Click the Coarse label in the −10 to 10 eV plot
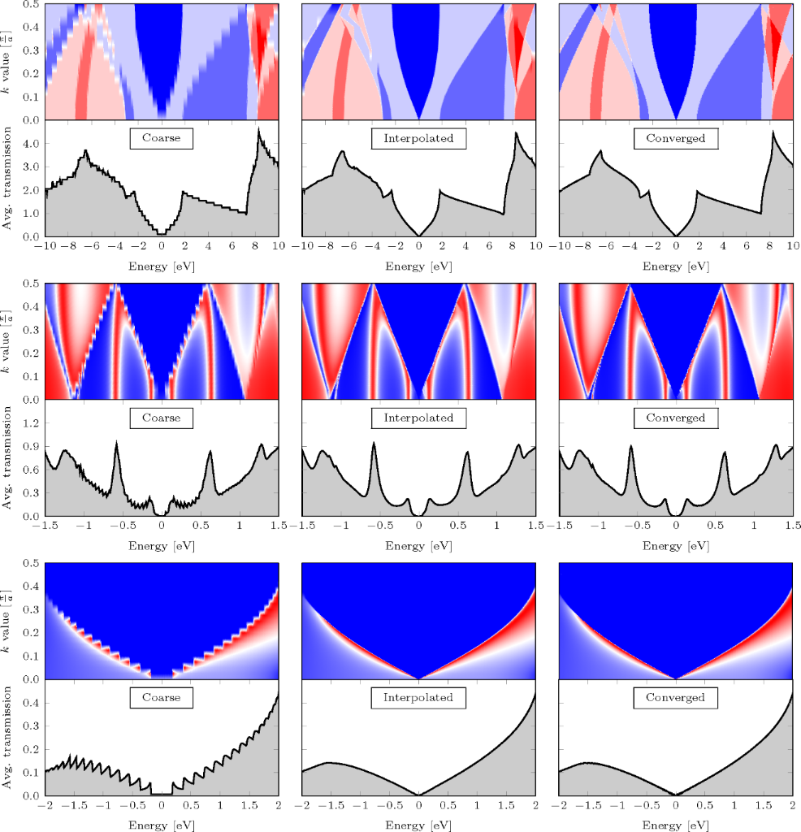click(x=161, y=139)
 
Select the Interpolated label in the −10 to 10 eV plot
click(x=418, y=139)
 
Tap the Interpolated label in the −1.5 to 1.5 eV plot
click(x=418, y=418)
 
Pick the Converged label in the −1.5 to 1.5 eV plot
click(x=675, y=418)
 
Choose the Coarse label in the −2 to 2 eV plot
click(x=161, y=698)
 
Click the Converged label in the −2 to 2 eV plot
click(x=675, y=698)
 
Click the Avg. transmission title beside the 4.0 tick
click(x=9, y=179)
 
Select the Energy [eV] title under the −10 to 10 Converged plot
click(x=675, y=266)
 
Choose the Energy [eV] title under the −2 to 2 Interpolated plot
click(x=418, y=825)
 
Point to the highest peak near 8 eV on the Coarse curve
click(x=259, y=128)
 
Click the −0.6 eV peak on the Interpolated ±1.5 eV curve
click(x=375, y=444)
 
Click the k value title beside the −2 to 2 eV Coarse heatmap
click(x=9, y=621)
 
